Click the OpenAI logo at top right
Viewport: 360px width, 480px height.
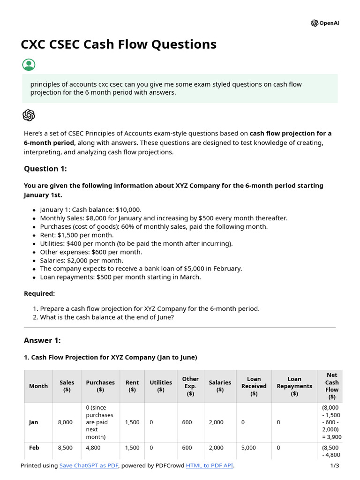[x=325, y=23]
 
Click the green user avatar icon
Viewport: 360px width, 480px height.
[x=29, y=65]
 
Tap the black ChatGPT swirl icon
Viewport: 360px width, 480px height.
[x=29, y=115]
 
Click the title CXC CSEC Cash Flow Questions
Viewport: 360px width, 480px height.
[x=119, y=44]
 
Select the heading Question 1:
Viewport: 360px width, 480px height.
[x=45, y=169]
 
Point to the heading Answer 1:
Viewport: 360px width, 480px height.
[x=42, y=340]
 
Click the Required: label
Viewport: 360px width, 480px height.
[x=39, y=293]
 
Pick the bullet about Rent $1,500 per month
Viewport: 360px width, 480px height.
[x=76, y=235]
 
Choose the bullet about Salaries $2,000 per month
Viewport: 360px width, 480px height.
[x=82, y=260]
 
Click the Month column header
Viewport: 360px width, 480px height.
[x=38, y=386]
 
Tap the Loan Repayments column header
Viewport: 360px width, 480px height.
[x=294, y=386]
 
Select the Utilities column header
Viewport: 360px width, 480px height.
[x=161, y=386]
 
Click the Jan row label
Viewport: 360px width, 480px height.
[x=34, y=422]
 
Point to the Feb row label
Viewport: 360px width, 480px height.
[x=34, y=448]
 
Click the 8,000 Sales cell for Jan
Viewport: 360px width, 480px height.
[x=65, y=422]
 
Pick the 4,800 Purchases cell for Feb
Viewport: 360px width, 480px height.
[x=93, y=448]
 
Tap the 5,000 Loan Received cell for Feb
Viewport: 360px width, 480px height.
[x=248, y=448]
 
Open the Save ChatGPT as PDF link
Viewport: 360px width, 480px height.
[x=89, y=465]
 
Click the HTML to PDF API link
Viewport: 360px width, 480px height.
[x=209, y=465]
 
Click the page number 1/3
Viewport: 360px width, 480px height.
[x=334, y=465]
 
